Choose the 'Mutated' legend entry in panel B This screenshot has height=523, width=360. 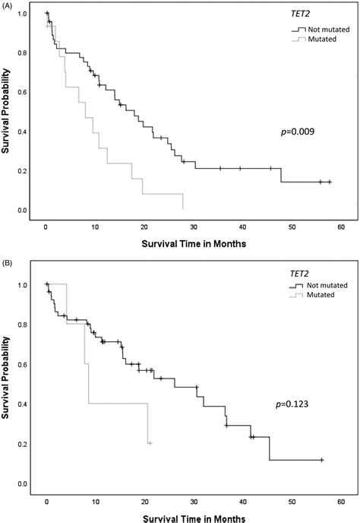click(323, 295)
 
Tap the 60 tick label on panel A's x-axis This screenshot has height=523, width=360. click(343, 227)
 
